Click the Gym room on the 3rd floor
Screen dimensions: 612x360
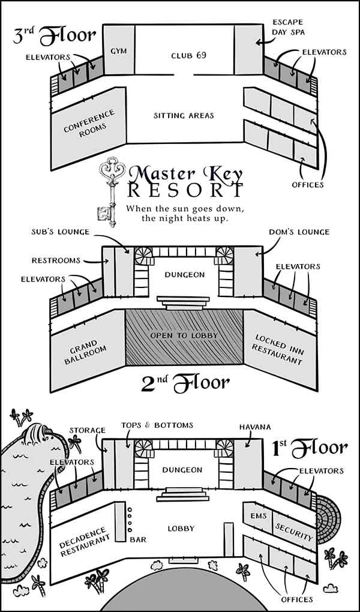[x=116, y=51]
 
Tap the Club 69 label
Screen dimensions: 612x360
[x=184, y=56]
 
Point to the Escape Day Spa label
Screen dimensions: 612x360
[x=287, y=28]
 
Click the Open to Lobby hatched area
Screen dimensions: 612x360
[x=184, y=336]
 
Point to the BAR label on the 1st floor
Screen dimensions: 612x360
[x=138, y=539]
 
